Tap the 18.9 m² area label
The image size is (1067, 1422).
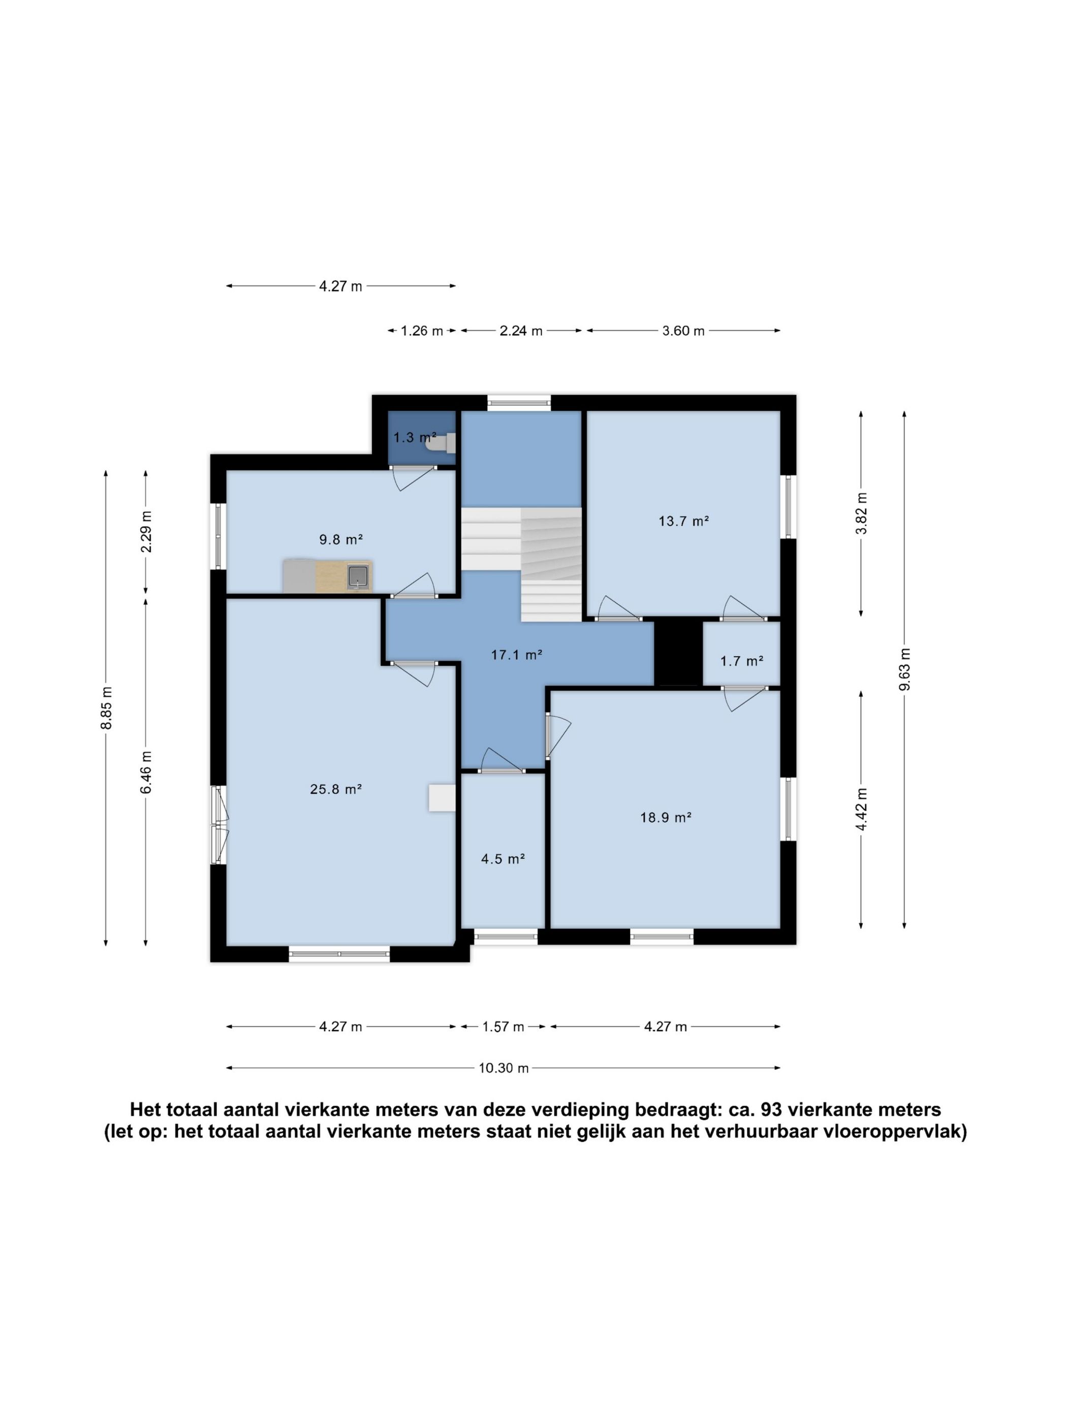point(666,818)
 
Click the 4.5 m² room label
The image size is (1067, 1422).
point(504,859)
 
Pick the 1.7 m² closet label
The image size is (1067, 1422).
point(741,660)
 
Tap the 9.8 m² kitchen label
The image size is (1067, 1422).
point(341,539)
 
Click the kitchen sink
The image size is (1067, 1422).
point(358,576)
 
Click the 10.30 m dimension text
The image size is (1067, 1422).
point(504,1068)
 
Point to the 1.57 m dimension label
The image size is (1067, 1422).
point(504,1027)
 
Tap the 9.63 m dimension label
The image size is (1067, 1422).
point(905,669)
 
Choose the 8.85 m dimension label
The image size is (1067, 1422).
point(107,708)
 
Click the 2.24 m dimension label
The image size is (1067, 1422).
point(521,331)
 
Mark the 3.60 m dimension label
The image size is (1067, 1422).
point(684,331)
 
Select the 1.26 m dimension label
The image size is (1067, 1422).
point(422,331)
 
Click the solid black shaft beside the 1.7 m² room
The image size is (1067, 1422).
point(678,653)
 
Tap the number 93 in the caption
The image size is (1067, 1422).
point(770,1110)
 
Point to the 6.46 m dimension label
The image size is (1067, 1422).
point(147,772)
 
